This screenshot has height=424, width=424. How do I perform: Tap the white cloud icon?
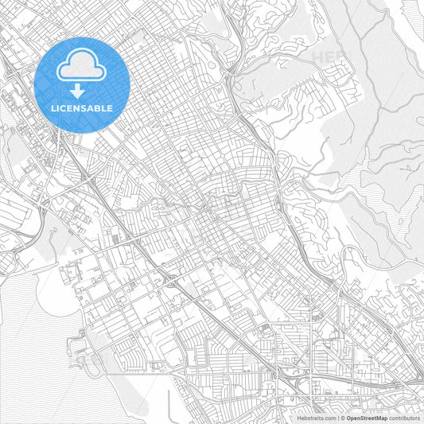pos(83,67)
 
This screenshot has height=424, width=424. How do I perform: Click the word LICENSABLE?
pos(83,107)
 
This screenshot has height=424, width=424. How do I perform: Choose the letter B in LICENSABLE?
pos(99,107)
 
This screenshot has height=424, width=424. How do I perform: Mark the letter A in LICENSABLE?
pos(92,107)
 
